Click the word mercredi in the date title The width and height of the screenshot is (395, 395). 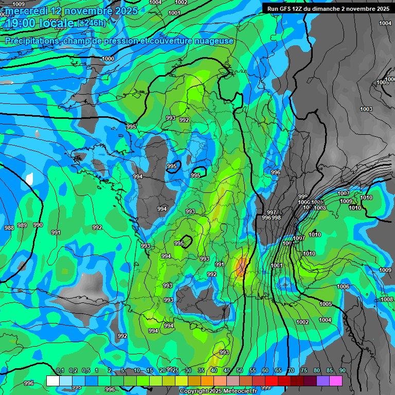pos(25,11)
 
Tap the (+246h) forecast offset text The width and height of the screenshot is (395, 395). pos(92,23)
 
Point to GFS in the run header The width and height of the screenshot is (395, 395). pos(289,9)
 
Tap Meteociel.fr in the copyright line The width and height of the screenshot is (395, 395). pos(239,391)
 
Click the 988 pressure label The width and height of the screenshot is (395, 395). pos(9,228)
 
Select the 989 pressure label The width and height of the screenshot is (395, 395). pos(22,225)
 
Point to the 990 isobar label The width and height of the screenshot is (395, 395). pos(38,225)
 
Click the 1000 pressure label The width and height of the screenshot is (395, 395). pos(108,59)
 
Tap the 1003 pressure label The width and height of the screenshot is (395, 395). pos(366,109)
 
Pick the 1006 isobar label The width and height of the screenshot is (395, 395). pos(344,286)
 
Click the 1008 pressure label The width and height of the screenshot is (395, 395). pos(387,300)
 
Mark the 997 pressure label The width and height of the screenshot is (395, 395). pos(272,212)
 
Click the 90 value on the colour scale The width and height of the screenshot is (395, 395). pos(342,371)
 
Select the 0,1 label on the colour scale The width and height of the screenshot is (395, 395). pos(60,371)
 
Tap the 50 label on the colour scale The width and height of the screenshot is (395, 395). pos(240,371)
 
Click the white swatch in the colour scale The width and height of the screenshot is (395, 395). pos(52,381)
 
